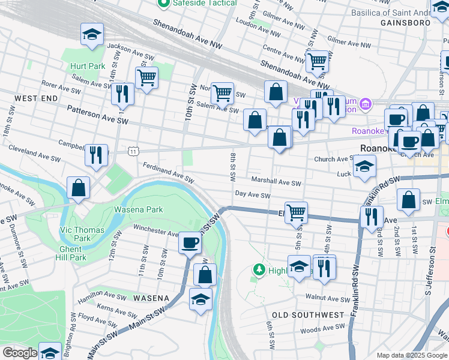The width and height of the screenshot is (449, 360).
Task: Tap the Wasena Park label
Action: [x=139, y=210]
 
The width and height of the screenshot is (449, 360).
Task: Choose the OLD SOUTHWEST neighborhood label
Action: [x=308, y=314]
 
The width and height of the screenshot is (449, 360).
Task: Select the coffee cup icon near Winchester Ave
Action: [x=190, y=243]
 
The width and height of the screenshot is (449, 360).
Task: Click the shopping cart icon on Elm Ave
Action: [x=296, y=212]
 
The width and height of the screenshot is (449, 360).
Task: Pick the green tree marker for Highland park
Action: [x=259, y=270]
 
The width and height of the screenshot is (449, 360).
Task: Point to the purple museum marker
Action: [x=366, y=106]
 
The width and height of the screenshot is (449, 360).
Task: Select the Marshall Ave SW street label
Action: [x=276, y=181]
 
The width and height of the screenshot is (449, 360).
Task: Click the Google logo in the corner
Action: [x=20, y=353]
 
